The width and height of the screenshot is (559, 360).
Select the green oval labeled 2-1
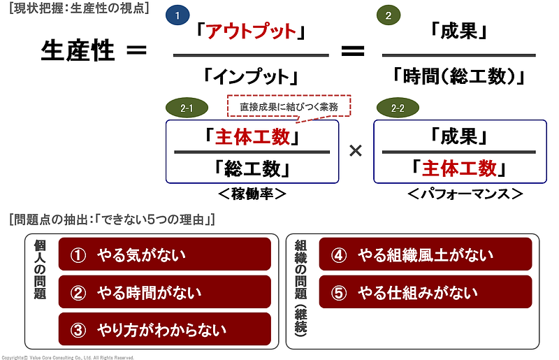pos(187,108)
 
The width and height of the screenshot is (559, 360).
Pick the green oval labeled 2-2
pos(397,108)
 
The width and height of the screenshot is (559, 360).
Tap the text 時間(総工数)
pos(458,75)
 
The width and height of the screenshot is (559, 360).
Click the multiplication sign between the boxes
pos(355,151)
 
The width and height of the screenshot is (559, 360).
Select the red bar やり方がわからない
pos(164,329)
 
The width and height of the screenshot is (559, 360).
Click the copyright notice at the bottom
pos(67,357)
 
